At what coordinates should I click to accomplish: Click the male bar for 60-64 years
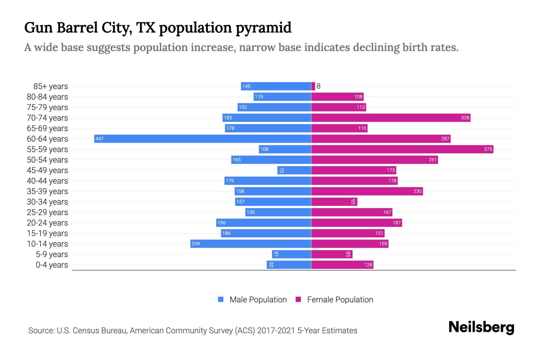coord(202,139)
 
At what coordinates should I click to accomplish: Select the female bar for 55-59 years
coord(402,149)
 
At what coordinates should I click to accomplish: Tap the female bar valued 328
coord(391,118)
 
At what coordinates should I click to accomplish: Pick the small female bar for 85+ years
coord(313,86)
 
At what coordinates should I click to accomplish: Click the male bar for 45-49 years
coord(294,170)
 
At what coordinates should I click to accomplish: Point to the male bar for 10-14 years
coord(250,244)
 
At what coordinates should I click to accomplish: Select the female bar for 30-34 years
coord(334,202)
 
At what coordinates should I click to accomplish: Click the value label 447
coord(99,139)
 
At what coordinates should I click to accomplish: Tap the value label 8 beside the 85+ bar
coord(319,86)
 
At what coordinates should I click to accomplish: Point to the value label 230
coord(417,191)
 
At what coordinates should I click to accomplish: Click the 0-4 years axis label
coord(52,265)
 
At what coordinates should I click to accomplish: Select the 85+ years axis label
coord(50,86)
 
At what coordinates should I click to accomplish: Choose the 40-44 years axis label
coord(47,181)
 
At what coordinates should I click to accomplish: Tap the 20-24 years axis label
coord(47,223)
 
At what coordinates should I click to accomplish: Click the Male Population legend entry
coord(258,300)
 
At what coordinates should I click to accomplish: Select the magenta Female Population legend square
coord(298,299)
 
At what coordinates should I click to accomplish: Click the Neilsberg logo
coord(481,327)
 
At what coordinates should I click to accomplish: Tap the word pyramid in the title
coord(263,28)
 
